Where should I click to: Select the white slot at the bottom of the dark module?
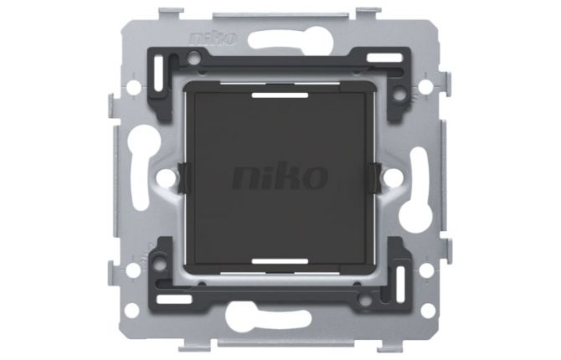click(x=280, y=260)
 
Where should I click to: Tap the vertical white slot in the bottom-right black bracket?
click(x=400, y=280)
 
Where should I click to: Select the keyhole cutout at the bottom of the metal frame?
click(x=276, y=316)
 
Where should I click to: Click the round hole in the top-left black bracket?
click(x=194, y=59)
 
